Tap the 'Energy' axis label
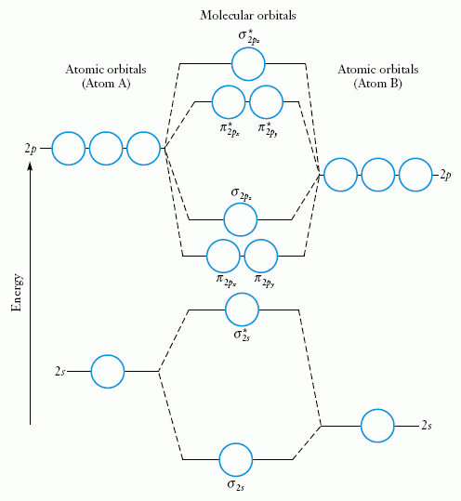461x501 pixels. tap(17, 292)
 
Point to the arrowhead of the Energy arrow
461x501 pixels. tap(32, 165)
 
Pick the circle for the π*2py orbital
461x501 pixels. tap(266, 101)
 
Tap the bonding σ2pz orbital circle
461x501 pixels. tap(241, 219)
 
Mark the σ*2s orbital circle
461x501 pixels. tap(243, 309)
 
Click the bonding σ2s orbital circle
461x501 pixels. tap(235, 459)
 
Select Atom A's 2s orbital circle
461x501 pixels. tap(108, 371)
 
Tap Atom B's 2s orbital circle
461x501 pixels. tap(378, 426)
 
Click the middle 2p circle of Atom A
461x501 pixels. tap(106, 148)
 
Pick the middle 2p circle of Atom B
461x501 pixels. tap(377, 174)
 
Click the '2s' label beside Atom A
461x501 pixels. tap(59, 372)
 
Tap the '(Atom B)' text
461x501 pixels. tap(377, 84)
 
